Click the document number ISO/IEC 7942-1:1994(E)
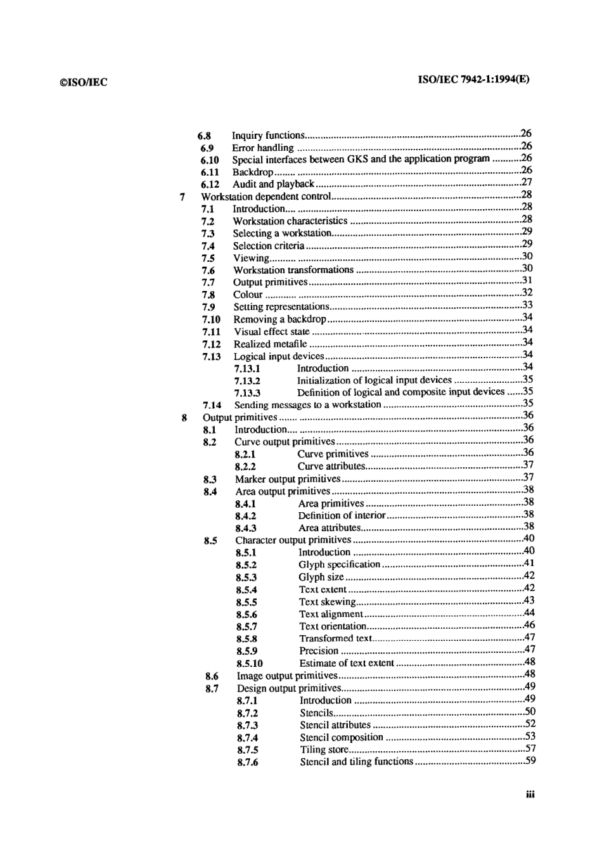pyautogui.click(x=473, y=80)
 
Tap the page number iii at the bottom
pyautogui.click(x=530, y=795)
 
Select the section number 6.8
pyautogui.click(x=204, y=136)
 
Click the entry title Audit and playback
pyautogui.click(x=273, y=184)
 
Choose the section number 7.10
pyautogui.click(x=211, y=319)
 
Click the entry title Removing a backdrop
pyautogui.click(x=279, y=319)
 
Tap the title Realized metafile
pyautogui.click(x=271, y=344)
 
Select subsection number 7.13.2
pyautogui.click(x=247, y=381)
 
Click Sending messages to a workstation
pyautogui.click(x=307, y=405)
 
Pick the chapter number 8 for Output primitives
pyautogui.click(x=184, y=417)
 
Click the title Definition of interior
pyautogui.click(x=342, y=515)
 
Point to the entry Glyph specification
pyautogui.click(x=339, y=565)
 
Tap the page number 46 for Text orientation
pyautogui.click(x=529, y=625)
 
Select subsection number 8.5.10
pyautogui.click(x=249, y=664)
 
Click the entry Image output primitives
pyautogui.click(x=286, y=676)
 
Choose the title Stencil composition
pyautogui.click(x=341, y=737)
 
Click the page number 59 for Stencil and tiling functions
pyautogui.click(x=530, y=761)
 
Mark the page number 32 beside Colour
pyautogui.click(x=527, y=293)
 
